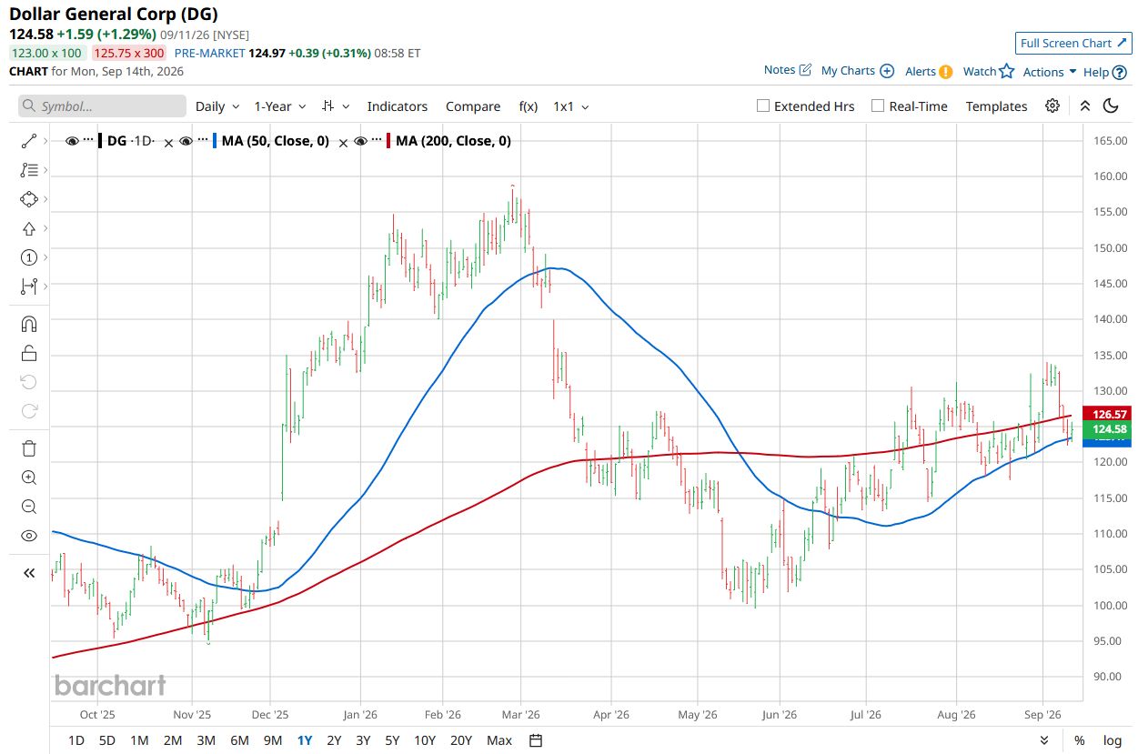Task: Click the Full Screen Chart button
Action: coord(1073,43)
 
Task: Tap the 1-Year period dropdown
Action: coord(280,106)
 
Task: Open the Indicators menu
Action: coord(397,106)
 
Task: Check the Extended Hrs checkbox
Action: coord(762,106)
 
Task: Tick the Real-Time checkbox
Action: coord(877,106)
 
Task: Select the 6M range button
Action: coord(239,740)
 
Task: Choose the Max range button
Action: coord(499,740)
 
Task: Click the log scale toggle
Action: coord(1113,740)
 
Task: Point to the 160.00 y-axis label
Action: coord(1110,176)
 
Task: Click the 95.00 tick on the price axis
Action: coord(1110,640)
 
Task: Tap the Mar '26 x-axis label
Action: coord(520,714)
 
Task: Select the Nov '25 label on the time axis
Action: coord(192,714)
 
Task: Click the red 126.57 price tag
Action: coord(1106,414)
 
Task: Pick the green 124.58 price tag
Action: coord(1106,428)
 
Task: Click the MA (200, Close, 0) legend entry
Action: coord(453,141)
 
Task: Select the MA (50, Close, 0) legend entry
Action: coord(276,141)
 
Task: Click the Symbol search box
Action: coord(102,106)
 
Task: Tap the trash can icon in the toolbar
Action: coord(29,448)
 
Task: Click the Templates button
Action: coord(996,106)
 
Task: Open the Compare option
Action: coord(473,106)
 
